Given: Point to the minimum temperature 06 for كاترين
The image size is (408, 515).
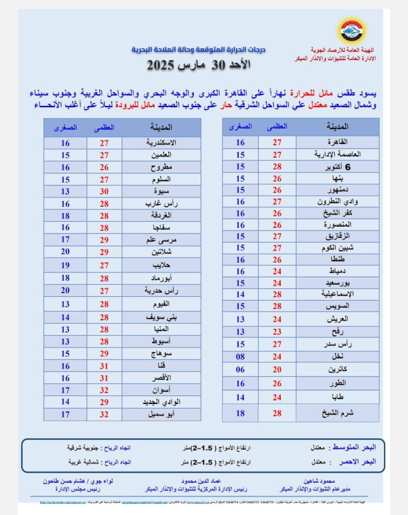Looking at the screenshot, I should point(240,384).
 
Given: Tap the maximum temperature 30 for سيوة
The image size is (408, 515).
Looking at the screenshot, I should point(104,191).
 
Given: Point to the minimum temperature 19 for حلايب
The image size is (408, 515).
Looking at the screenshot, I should point(65,266).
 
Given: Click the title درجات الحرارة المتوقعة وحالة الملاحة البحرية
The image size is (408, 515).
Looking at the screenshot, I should point(198,49).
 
